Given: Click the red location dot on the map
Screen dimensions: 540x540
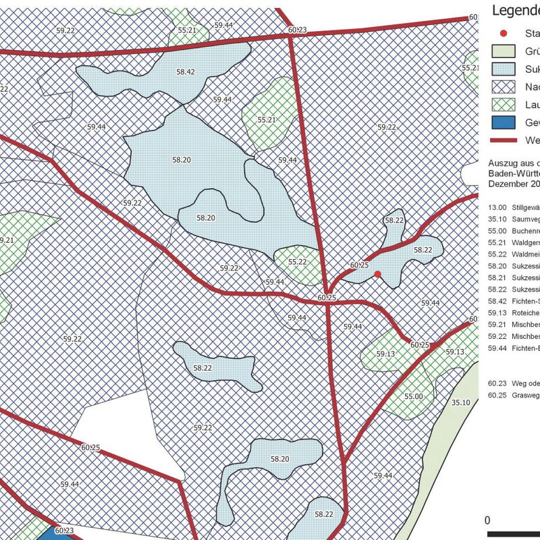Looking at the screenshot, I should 378,273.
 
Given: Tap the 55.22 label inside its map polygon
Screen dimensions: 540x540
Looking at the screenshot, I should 298,262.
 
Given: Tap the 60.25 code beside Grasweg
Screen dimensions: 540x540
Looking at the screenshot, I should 497,396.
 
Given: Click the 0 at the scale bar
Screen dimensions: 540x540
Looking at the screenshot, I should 488,520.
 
